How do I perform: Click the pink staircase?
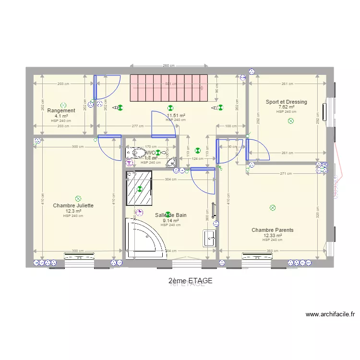pyautogui.click(x=168, y=88)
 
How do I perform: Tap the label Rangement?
pyautogui.click(x=61, y=111)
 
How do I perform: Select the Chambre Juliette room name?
pyautogui.click(x=73, y=205)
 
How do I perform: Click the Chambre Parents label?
pyautogui.click(x=272, y=230)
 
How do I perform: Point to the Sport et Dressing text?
pyautogui.click(x=287, y=102)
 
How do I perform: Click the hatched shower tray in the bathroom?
pyautogui.click(x=139, y=189)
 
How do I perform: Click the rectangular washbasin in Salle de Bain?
pyautogui.click(x=209, y=238)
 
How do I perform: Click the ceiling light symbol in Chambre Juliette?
pyautogui.click(x=78, y=198)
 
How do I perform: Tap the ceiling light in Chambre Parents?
pyautogui.click(x=273, y=208)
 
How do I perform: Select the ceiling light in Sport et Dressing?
pyautogui.click(x=290, y=121)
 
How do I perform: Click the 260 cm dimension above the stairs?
pyautogui.click(x=168, y=66)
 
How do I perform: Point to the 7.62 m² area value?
pyautogui.click(x=287, y=107)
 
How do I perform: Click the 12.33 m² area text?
pyautogui.click(x=272, y=236)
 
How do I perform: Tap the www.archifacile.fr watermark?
pyautogui.click(x=330, y=315)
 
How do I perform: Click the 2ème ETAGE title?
pyautogui.click(x=190, y=280)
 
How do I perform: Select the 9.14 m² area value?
pyautogui.click(x=170, y=221)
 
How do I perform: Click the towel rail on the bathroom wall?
pyautogui.click(x=214, y=209)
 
